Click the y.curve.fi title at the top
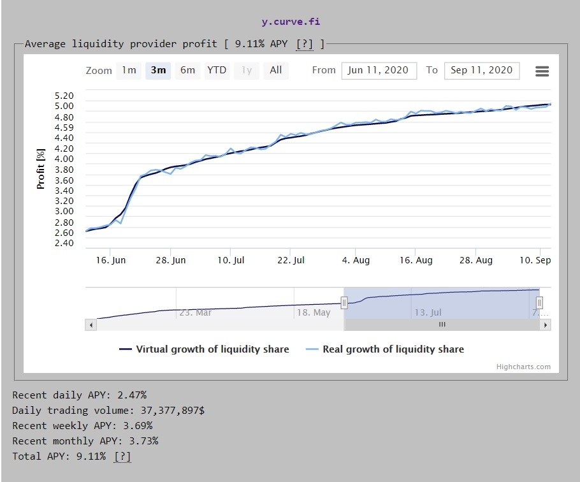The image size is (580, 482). (x=291, y=22)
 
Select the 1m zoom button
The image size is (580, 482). (x=129, y=70)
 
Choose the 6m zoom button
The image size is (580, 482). (x=187, y=70)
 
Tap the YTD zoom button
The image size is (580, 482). (x=217, y=70)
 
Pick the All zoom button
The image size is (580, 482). (x=275, y=70)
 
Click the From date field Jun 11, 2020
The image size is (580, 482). (x=379, y=70)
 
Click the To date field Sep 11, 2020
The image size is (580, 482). (x=481, y=70)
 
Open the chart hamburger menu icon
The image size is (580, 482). (x=542, y=71)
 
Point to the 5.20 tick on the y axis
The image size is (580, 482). (x=64, y=96)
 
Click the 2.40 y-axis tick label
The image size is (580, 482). (x=64, y=243)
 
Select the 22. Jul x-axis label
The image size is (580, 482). (x=291, y=260)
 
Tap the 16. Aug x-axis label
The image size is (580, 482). (x=416, y=260)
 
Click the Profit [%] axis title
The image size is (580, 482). (x=41, y=168)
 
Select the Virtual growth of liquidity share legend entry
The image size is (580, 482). (x=205, y=349)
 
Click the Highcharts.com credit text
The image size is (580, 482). (x=523, y=367)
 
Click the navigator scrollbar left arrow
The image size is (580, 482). (x=91, y=325)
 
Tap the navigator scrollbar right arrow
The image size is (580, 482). (x=545, y=325)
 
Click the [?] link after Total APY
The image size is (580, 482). (x=122, y=456)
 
